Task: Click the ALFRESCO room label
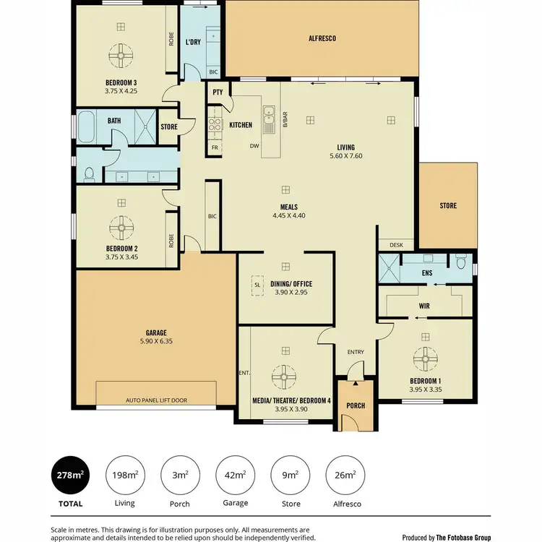pos(322,38)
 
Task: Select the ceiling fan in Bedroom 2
pos(120,228)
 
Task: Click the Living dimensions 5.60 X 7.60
pos(345,155)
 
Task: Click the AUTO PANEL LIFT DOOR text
pos(155,400)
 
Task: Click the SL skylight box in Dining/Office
pos(257,285)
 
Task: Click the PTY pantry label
pos(218,93)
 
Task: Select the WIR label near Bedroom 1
pos(424,306)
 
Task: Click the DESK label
pos(395,245)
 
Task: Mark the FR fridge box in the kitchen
pos(214,147)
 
